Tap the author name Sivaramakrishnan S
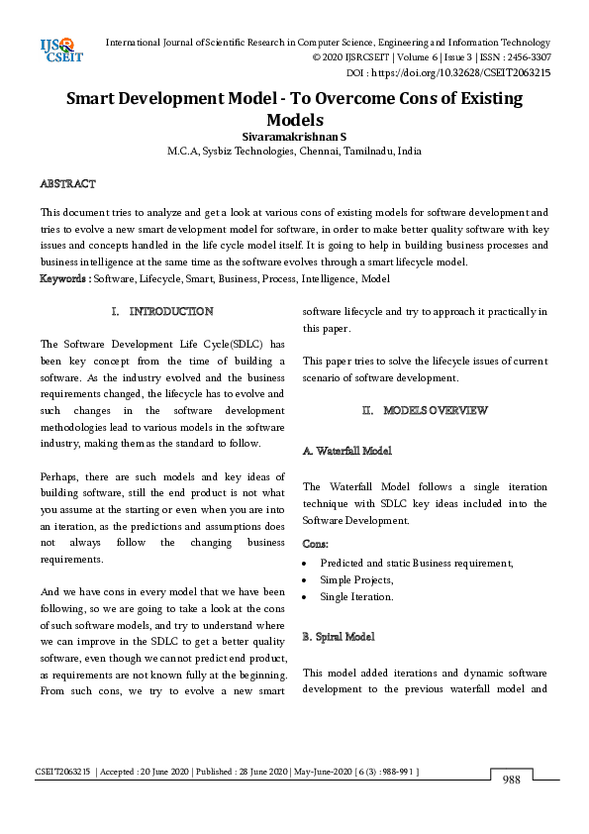(x=294, y=136)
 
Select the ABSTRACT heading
(x=67, y=184)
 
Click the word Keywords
(x=63, y=279)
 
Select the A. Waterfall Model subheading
(x=346, y=451)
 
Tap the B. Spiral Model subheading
(x=339, y=634)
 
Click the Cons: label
(x=316, y=544)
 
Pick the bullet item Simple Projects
(x=356, y=579)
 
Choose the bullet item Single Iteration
(x=356, y=597)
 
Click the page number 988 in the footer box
(x=511, y=780)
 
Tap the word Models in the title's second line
(x=294, y=119)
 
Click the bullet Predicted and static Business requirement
(x=416, y=562)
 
